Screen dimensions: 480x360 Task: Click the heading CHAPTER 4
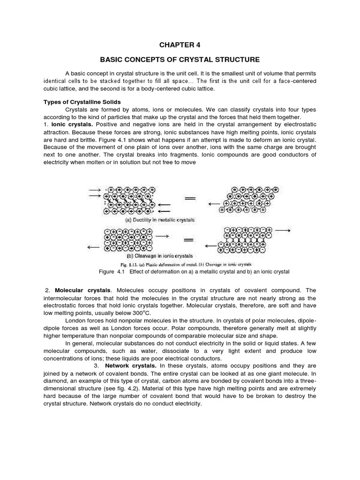pyautogui.click(x=180, y=45)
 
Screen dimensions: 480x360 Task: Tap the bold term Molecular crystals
pyautogui.click(x=83, y=291)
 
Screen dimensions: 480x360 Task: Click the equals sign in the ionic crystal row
pyautogui.click(x=189, y=240)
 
